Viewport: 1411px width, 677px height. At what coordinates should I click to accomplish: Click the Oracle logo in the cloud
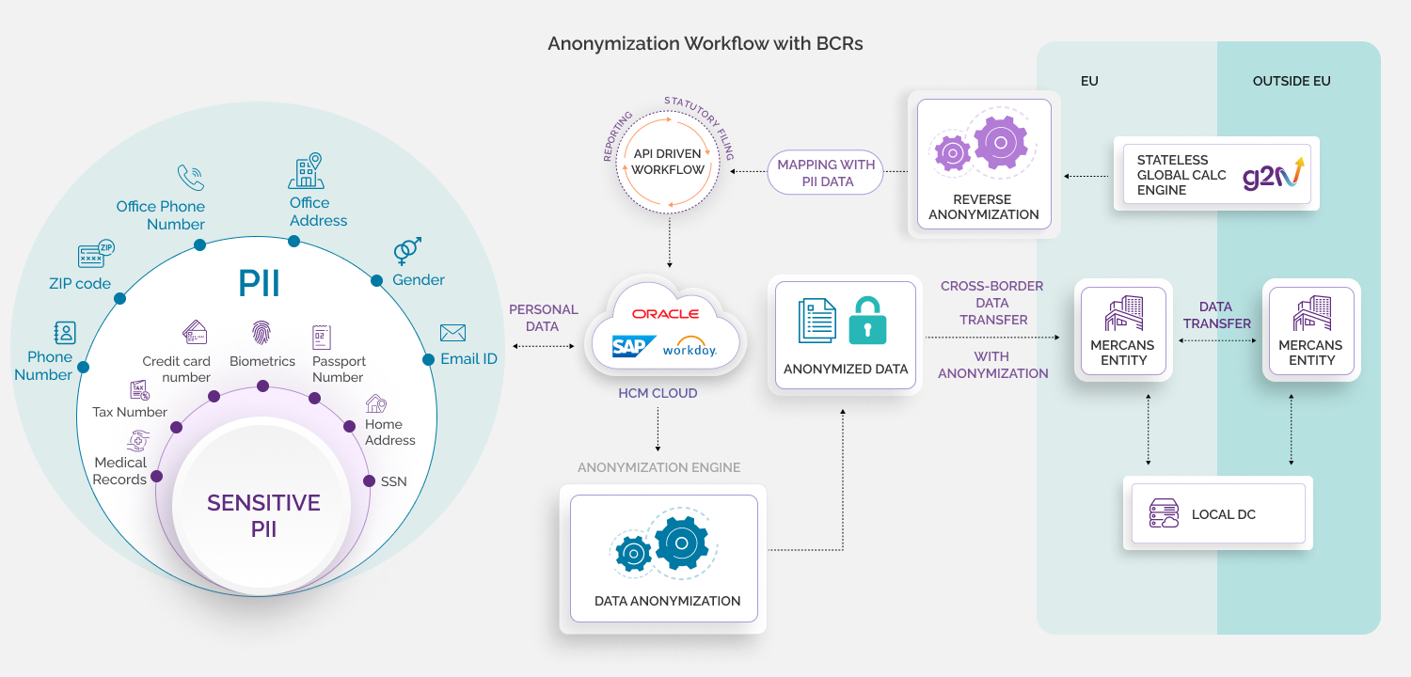coord(665,313)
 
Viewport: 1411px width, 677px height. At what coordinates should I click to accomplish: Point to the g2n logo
coord(1272,174)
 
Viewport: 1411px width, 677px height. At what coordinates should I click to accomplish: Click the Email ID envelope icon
coord(452,333)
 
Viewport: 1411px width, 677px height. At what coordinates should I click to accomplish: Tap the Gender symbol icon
coord(407,250)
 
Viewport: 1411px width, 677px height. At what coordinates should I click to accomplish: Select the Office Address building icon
coord(305,171)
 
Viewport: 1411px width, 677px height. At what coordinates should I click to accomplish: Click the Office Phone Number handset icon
coord(190,178)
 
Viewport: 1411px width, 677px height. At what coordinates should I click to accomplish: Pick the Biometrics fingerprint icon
coord(262,332)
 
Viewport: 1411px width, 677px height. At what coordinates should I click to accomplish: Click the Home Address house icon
coord(376,403)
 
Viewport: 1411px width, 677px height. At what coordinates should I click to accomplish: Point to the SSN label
coord(393,481)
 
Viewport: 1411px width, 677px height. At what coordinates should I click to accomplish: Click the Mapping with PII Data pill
coord(826,173)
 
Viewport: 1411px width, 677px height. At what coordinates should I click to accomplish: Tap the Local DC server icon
coord(1164,513)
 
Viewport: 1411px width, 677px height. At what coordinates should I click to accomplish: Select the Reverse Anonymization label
coord(983,207)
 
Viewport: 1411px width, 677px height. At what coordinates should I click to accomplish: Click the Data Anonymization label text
coord(667,601)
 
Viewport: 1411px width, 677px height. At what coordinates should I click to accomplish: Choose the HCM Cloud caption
coord(658,393)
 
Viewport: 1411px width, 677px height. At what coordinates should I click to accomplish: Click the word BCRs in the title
coord(840,43)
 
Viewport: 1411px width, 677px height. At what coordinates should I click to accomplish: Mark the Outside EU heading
coord(1291,82)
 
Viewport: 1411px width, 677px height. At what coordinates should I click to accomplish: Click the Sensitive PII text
coord(263,515)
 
